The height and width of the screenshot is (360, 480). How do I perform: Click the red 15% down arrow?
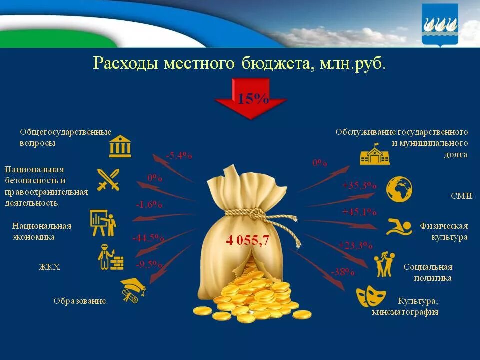tap(250, 102)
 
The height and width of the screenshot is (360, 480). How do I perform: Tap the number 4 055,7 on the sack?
tap(247, 240)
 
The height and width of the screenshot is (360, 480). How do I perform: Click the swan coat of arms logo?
tap(440, 25)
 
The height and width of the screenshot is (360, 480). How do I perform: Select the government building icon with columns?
tap(120, 146)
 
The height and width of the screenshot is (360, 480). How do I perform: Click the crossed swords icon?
tap(108, 180)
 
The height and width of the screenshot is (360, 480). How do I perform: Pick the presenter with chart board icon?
tap(103, 223)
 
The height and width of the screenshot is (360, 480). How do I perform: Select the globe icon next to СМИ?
tap(399, 189)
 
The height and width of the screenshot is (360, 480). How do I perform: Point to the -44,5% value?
tap(148, 238)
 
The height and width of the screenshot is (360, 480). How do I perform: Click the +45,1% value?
tap(359, 212)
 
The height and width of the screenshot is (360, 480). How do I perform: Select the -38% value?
tap(342, 272)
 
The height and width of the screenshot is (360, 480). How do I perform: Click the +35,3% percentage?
tap(359, 185)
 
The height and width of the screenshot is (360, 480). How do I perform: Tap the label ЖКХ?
tap(49, 267)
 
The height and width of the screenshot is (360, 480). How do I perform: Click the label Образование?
tap(80, 301)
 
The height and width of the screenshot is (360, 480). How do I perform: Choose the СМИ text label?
tap(461, 196)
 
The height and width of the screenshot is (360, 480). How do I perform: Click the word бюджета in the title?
tap(273, 64)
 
